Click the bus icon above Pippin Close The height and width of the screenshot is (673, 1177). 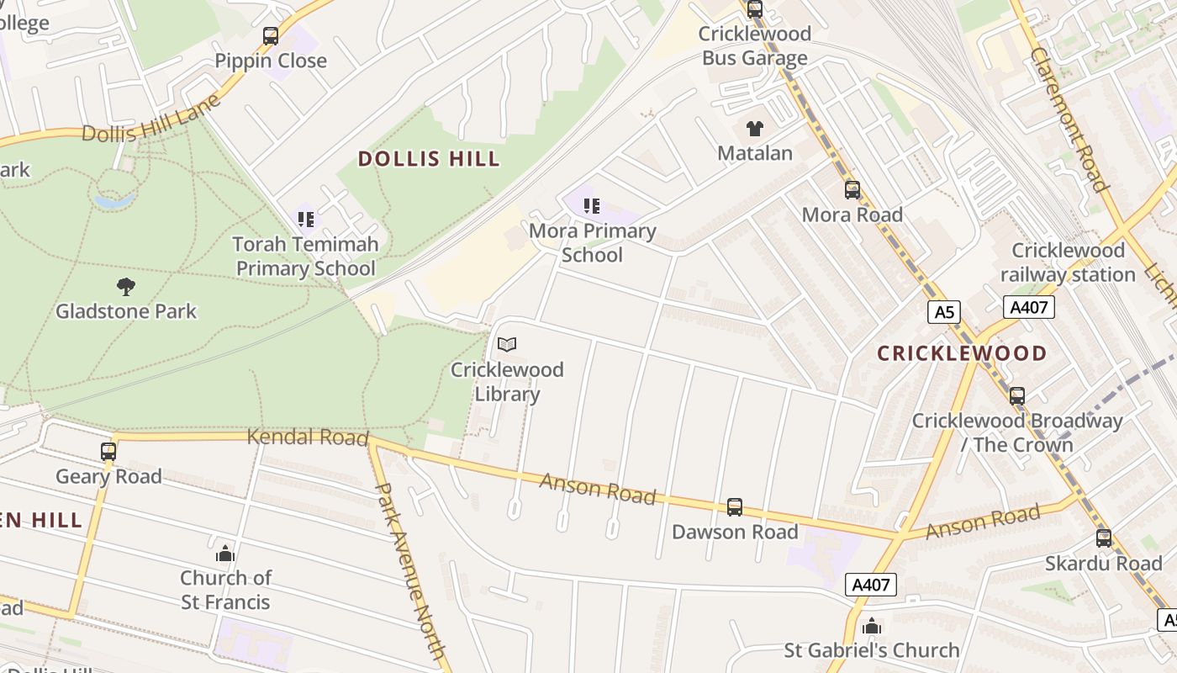(x=270, y=36)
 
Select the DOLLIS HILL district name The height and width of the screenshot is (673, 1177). (x=429, y=159)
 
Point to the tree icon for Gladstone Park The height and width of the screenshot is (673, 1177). (x=126, y=287)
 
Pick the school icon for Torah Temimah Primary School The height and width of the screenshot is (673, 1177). (x=305, y=220)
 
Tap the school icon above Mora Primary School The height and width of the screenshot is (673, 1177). (x=592, y=206)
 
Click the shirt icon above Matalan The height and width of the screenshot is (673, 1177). (x=755, y=129)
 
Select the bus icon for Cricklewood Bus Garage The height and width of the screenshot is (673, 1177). (x=755, y=10)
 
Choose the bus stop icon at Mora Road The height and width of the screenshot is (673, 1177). (x=852, y=190)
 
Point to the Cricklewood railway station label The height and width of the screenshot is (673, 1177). (x=1068, y=262)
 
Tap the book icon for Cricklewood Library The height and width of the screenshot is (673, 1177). (x=507, y=344)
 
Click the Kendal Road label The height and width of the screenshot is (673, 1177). (x=308, y=437)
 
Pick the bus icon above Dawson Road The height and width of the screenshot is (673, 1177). (x=735, y=507)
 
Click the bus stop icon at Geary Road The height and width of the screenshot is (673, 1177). (x=108, y=452)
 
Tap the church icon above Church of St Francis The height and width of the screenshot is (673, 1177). (x=225, y=554)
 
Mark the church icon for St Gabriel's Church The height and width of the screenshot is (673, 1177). (x=872, y=626)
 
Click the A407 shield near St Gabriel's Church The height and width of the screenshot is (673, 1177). (x=871, y=585)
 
